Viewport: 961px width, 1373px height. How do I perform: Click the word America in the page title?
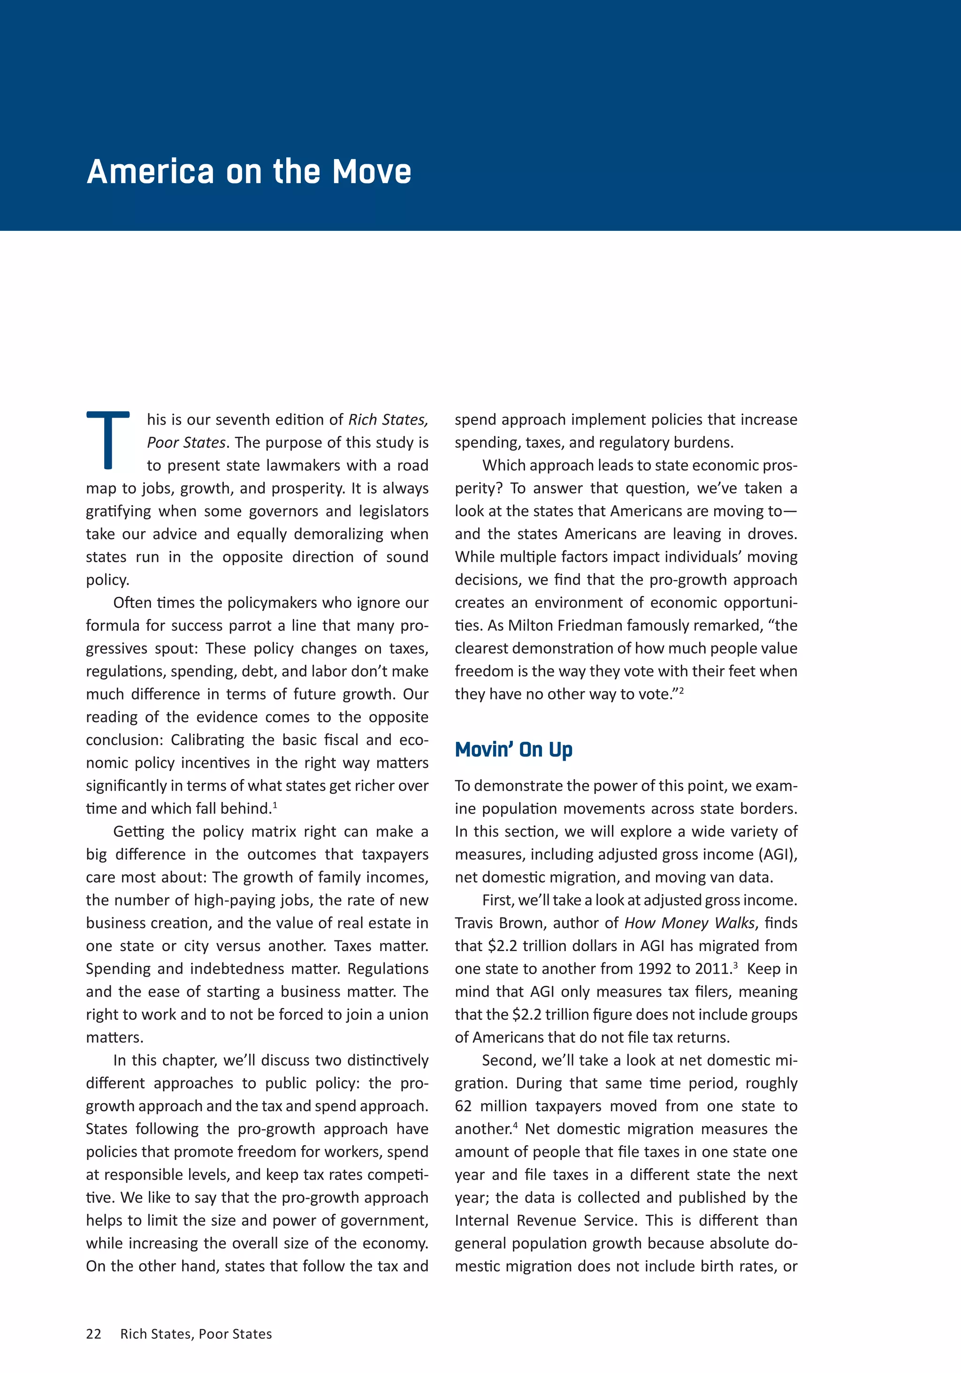[150, 172]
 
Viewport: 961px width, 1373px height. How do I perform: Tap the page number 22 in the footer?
[94, 1334]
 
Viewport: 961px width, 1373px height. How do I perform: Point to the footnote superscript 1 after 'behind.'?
[275, 804]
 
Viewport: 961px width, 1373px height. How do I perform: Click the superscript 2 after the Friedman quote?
[681, 690]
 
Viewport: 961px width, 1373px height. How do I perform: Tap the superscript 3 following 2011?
[735, 965]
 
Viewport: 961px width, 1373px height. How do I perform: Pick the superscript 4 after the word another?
[515, 1125]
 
